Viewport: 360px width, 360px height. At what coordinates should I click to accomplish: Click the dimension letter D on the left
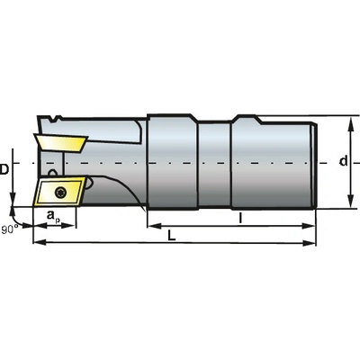pos(4,170)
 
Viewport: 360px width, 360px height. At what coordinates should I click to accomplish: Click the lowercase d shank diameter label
pos(343,161)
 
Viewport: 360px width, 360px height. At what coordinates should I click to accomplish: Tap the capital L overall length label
pos(171,236)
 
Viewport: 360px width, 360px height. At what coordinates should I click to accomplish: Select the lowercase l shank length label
pos(240,218)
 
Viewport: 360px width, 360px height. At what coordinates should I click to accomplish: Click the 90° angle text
pos(10,229)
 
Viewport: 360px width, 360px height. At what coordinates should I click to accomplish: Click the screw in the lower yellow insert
pos(61,193)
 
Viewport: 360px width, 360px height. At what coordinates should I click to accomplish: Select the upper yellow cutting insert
pos(61,143)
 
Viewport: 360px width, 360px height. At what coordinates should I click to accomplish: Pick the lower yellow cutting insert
pos(60,191)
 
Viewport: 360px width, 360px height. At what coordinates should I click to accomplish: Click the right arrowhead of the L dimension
pos(309,243)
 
